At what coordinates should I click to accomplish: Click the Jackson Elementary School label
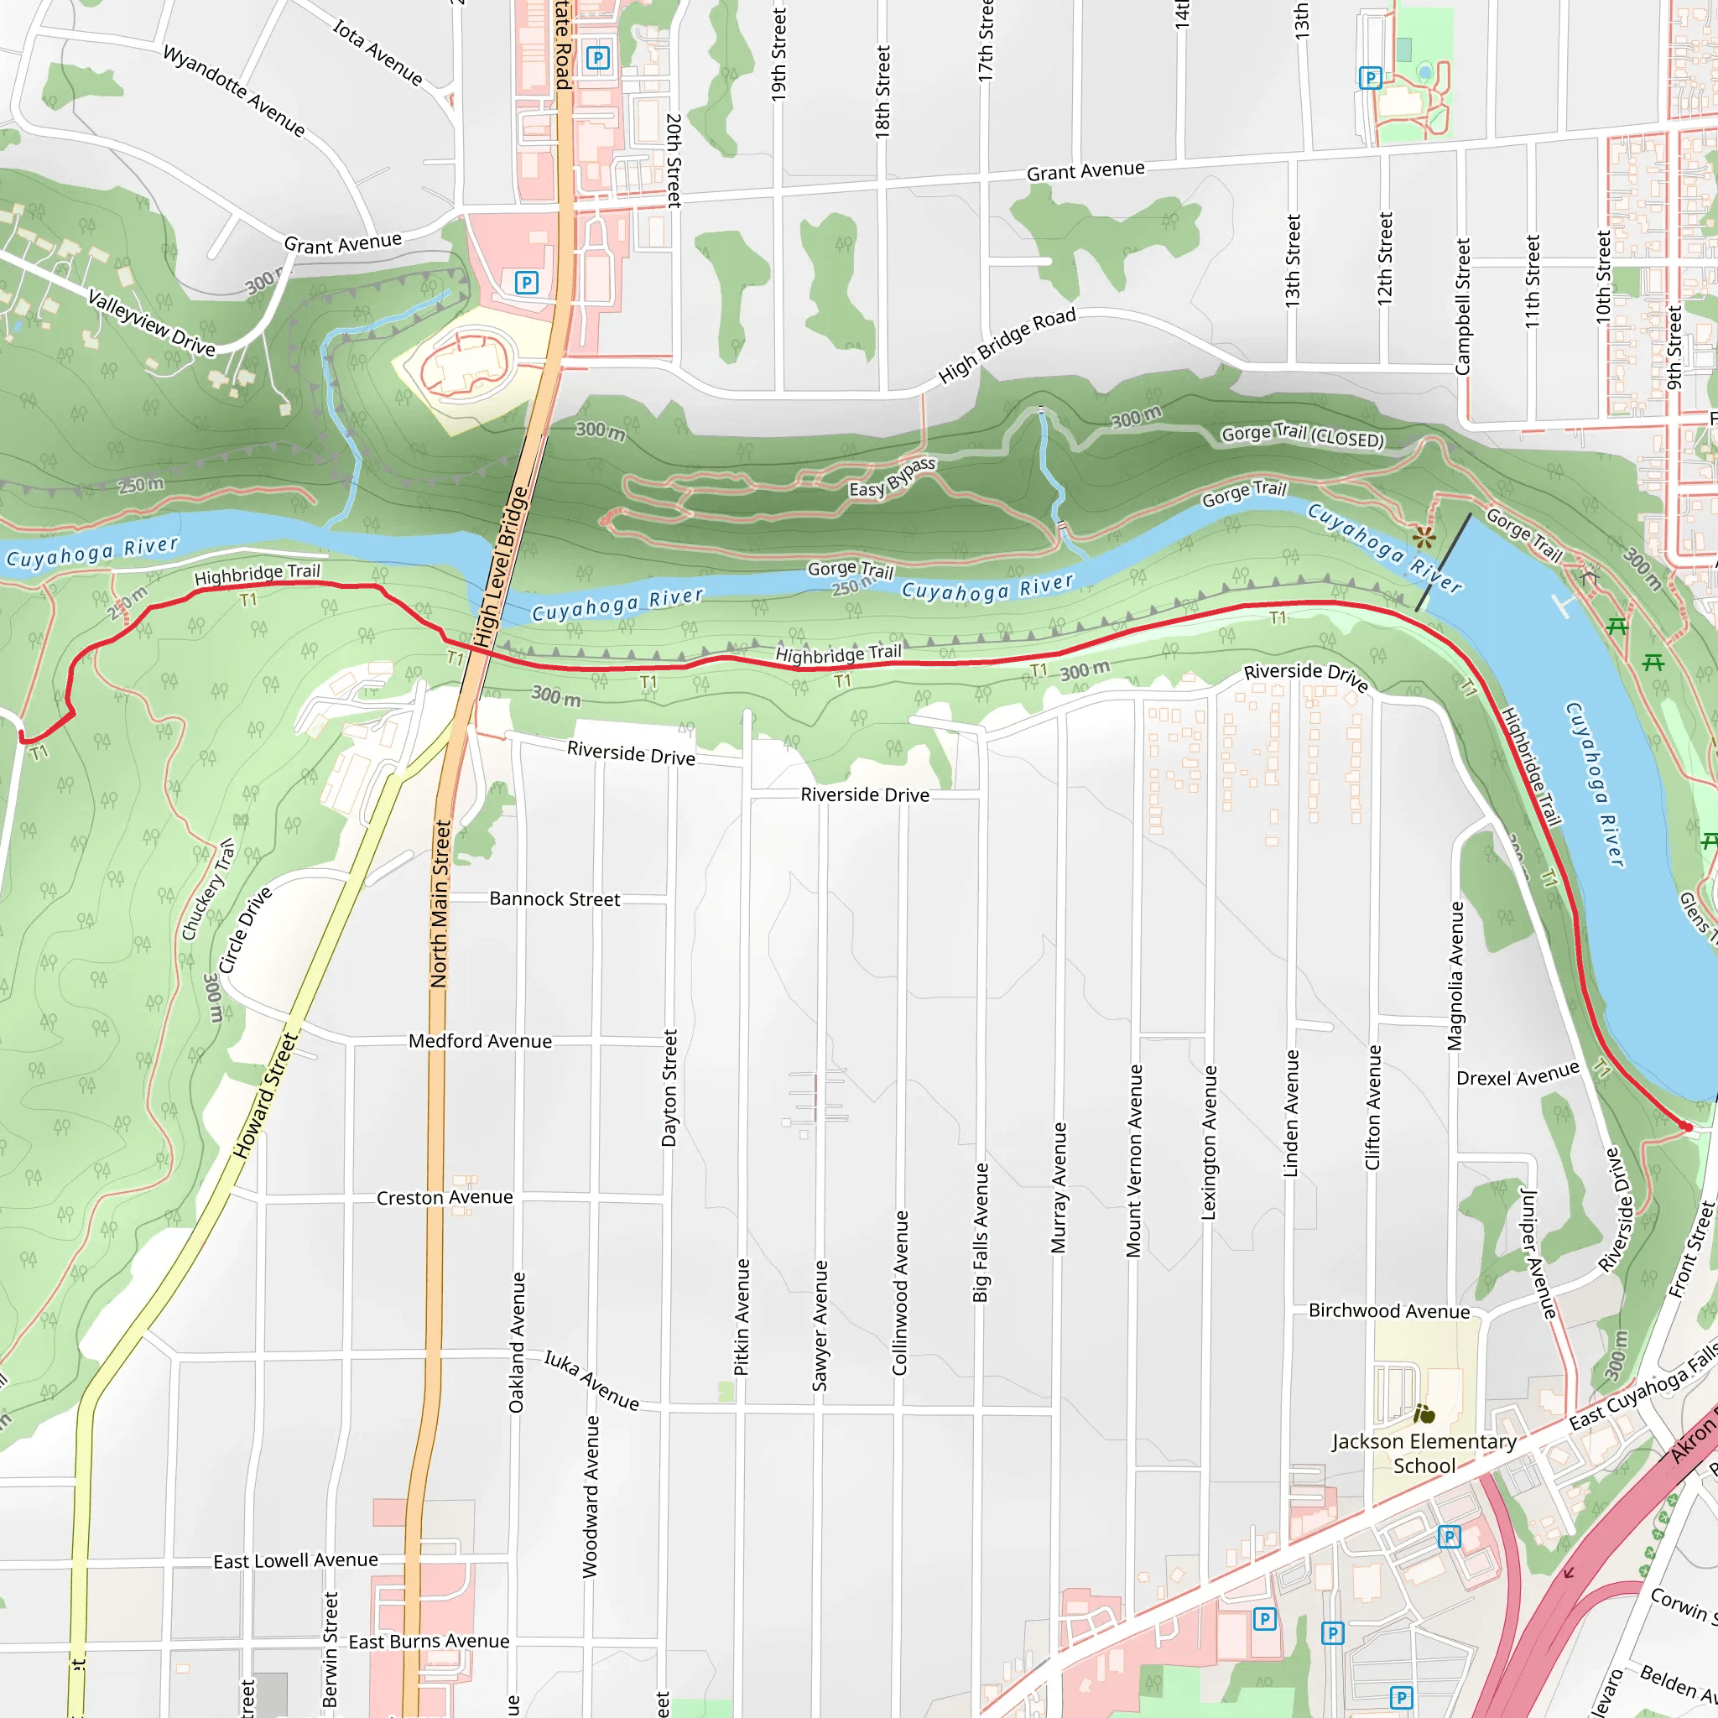[1424, 1454]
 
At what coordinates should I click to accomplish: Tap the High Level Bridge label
[500, 566]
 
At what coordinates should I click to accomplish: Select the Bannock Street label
[554, 899]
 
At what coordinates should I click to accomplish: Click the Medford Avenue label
[480, 1041]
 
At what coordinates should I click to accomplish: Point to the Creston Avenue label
[445, 1198]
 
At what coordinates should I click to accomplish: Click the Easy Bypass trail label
[892, 477]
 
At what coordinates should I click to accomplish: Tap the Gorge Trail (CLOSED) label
[1302, 435]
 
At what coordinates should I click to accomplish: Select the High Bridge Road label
[1007, 346]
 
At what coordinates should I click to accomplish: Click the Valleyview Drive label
[151, 323]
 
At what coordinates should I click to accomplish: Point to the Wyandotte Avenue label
[234, 91]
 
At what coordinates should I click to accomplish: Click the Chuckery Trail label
[208, 888]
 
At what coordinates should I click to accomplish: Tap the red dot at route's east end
[1686, 1127]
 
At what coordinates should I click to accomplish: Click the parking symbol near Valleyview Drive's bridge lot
[527, 284]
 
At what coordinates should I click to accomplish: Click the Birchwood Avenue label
[1389, 1312]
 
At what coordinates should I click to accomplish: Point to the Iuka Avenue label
[591, 1381]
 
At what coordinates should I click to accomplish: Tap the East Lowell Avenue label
[295, 1560]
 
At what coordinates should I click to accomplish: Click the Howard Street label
[265, 1096]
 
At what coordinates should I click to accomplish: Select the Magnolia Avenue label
[1455, 976]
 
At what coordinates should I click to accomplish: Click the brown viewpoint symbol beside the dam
[1424, 536]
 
